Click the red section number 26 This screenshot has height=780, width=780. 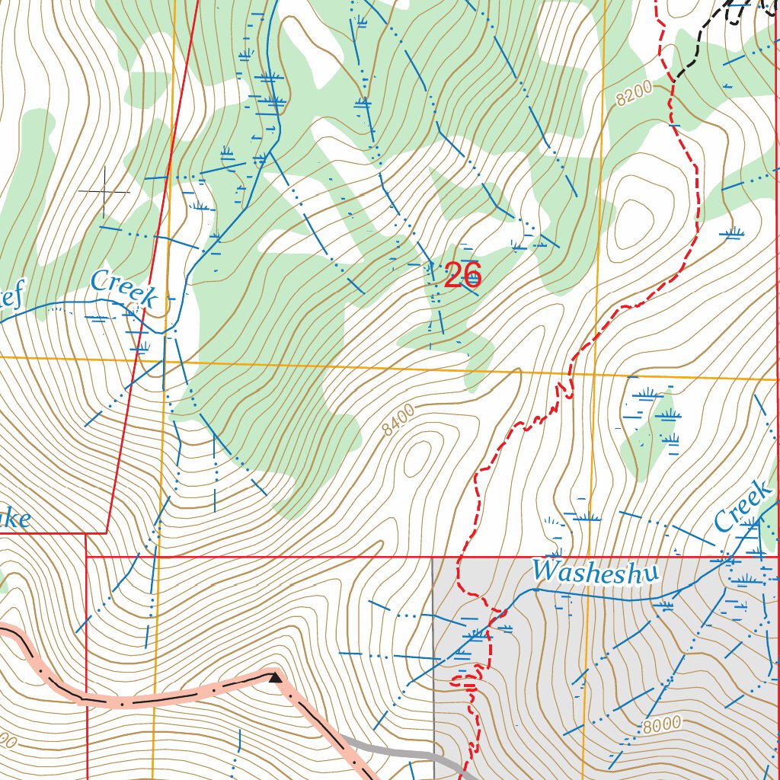tap(462, 275)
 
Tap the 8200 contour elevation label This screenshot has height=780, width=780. tap(635, 93)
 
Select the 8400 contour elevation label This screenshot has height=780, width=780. tap(399, 420)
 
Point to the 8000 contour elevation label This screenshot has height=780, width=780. tap(660, 725)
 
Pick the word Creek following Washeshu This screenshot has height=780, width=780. tap(742, 506)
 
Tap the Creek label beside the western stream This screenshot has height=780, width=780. tap(123, 289)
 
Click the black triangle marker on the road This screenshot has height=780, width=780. tap(275, 676)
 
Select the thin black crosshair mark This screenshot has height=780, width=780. tap(104, 192)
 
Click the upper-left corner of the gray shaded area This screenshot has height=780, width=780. tap(433, 558)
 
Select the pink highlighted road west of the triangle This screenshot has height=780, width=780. tap(152, 698)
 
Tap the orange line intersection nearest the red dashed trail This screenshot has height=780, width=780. tap(595, 374)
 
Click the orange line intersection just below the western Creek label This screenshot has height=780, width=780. tap(164, 360)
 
